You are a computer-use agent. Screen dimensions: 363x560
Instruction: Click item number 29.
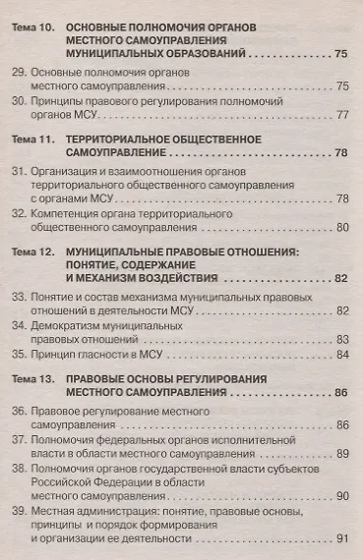(x=19, y=73)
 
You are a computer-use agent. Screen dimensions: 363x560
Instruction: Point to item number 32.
(x=19, y=212)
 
